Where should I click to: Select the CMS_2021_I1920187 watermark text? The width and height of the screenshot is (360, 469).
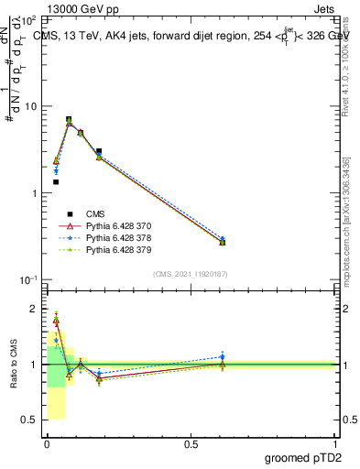[x=191, y=274]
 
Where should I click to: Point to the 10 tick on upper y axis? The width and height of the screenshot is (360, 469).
[x=31, y=106]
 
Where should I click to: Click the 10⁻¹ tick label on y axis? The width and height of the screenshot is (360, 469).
[x=27, y=279]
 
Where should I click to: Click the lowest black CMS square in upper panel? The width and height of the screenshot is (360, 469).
[x=56, y=182]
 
